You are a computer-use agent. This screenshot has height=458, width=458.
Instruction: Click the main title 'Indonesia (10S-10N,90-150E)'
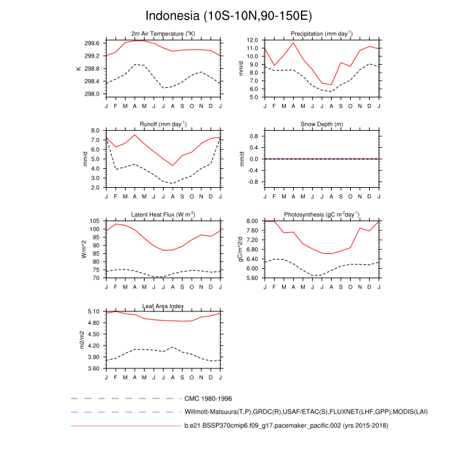[228, 15]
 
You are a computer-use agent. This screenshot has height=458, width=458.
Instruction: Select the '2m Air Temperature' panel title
[163, 33]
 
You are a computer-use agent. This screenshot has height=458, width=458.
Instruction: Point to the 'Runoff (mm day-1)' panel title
[163, 124]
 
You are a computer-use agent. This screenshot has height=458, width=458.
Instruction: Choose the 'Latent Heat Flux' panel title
[163, 215]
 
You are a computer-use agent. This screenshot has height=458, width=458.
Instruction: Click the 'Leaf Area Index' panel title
[163, 306]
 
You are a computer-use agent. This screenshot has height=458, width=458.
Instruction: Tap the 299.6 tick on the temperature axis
[92, 43]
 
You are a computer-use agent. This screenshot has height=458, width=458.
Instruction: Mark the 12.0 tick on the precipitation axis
[252, 41]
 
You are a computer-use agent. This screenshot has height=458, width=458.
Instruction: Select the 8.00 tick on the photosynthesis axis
[252, 222]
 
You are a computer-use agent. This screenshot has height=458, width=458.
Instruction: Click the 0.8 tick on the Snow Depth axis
[254, 136]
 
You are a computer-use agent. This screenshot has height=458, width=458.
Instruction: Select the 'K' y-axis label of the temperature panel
[79, 68]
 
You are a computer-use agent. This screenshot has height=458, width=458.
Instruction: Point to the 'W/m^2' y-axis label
[84, 249]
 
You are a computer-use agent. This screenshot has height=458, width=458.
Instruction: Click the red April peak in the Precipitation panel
[293, 43]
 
